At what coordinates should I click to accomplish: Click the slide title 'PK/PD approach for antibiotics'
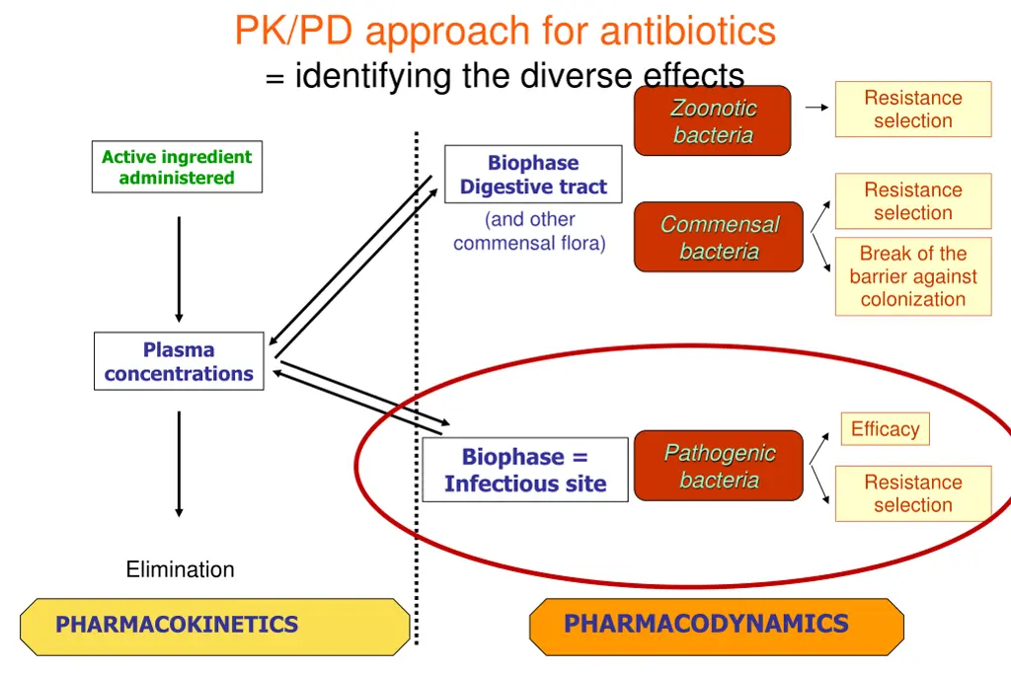[x=505, y=32]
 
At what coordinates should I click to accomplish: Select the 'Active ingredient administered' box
[x=177, y=167]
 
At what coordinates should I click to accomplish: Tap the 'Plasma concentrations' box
[x=179, y=361]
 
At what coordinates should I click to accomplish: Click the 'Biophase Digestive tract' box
[x=533, y=175]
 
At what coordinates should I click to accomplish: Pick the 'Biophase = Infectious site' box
[x=525, y=470]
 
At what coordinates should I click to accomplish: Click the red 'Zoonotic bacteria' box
[x=713, y=121]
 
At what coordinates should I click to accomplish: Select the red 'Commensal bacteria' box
[x=719, y=238]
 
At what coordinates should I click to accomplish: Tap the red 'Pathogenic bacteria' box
[x=719, y=466]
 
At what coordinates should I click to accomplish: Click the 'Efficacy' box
[x=885, y=429]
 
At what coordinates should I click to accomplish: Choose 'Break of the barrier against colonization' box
[x=912, y=276]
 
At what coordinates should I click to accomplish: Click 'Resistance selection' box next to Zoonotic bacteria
[x=912, y=109]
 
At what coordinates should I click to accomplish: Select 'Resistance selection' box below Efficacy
[x=912, y=493]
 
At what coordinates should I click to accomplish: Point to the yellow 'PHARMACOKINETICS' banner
[x=215, y=626]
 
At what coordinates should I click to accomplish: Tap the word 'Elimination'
[x=180, y=569]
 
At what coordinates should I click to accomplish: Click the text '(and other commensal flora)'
[x=529, y=231]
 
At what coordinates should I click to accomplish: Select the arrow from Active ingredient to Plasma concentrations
[x=179, y=268]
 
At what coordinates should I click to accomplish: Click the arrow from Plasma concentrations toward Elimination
[x=179, y=464]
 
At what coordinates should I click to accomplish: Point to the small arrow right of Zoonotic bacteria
[x=817, y=108]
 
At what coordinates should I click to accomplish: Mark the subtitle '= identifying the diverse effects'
[x=505, y=75]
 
